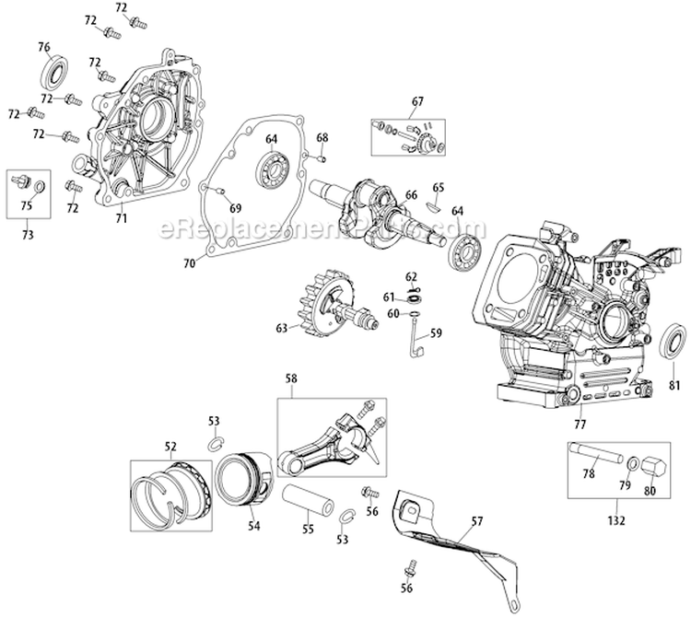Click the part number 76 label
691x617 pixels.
click(x=43, y=48)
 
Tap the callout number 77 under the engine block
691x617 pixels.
click(x=580, y=425)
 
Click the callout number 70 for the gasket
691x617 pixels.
click(x=189, y=263)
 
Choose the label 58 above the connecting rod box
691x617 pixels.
click(x=291, y=378)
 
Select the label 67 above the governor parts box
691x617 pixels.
click(x=417, y=100)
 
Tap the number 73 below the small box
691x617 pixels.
click(x=29, y=236)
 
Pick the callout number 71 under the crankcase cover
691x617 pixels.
click(x=122, y=217)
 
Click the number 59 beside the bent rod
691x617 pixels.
click(x=437, y=333)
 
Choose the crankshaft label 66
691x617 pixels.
click(x=411, y=194)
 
